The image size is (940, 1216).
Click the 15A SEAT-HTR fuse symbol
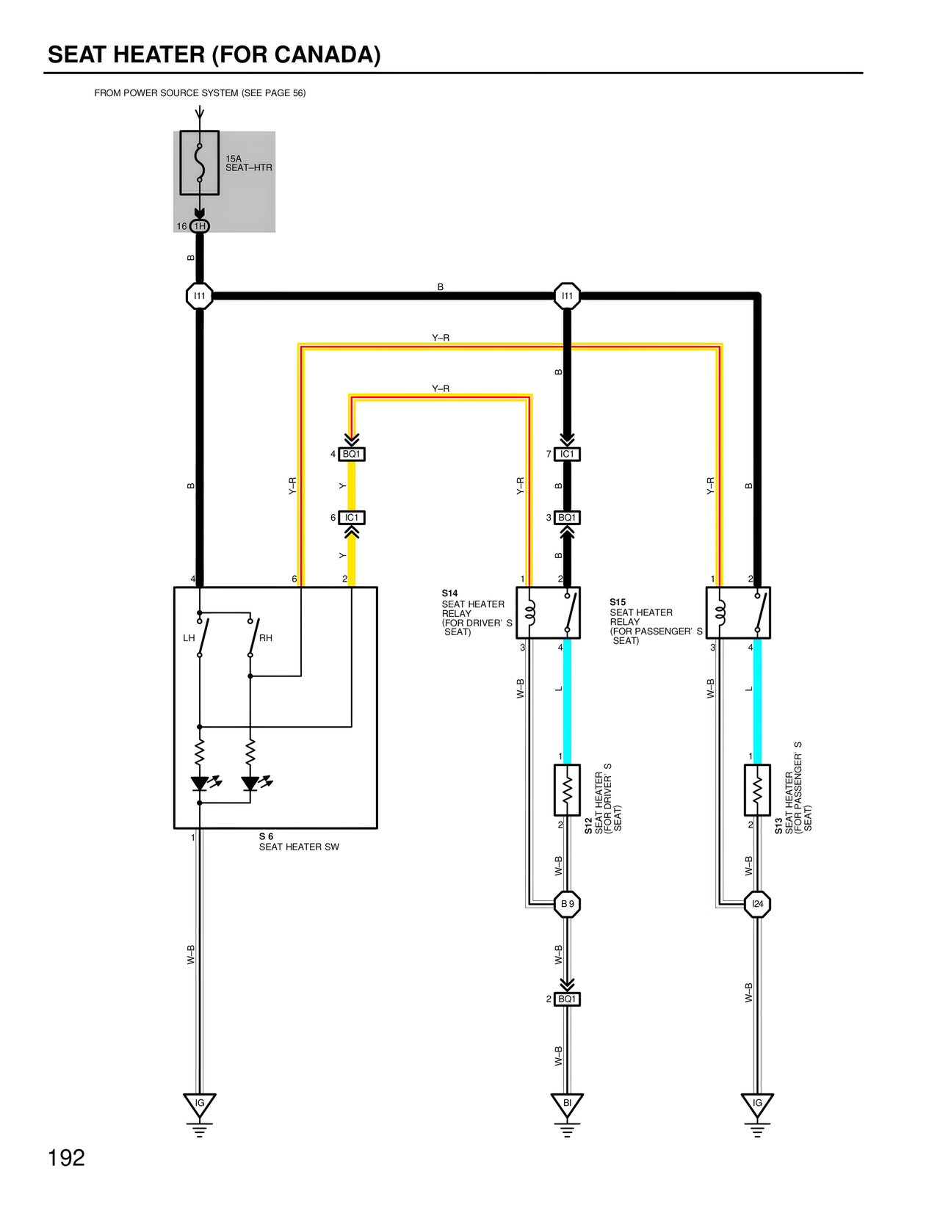(x=199, y=163)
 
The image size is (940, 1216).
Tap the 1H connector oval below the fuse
(x=200, y=226)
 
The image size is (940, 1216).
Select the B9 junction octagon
(x=567, y=904)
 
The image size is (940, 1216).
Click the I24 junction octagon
(x=757, y=904)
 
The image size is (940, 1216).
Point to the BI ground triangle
(x=567, y=1104)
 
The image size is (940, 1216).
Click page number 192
(x=66, y=1158)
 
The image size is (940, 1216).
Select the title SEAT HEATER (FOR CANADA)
(x=214, y=55)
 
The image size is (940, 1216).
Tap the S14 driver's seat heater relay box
(x=548, y=612)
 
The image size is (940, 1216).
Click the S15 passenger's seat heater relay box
(x=738, y=612)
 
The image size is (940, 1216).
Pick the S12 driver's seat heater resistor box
(x=567, y=790)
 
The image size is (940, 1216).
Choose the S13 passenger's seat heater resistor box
(x=757, y=790)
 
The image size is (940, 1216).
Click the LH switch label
(x=189, y=638)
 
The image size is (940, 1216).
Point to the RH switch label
(x=266, y=638)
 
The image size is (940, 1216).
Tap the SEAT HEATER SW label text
(x=299, y=847)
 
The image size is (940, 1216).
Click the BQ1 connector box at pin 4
(x=352, y=454)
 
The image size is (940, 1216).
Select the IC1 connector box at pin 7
(x=567, y=454)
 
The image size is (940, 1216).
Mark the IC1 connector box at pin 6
(x=352, y=518)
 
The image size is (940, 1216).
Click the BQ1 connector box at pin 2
(x=567, y=999)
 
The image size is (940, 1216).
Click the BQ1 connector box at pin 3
(x=567, y=518)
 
